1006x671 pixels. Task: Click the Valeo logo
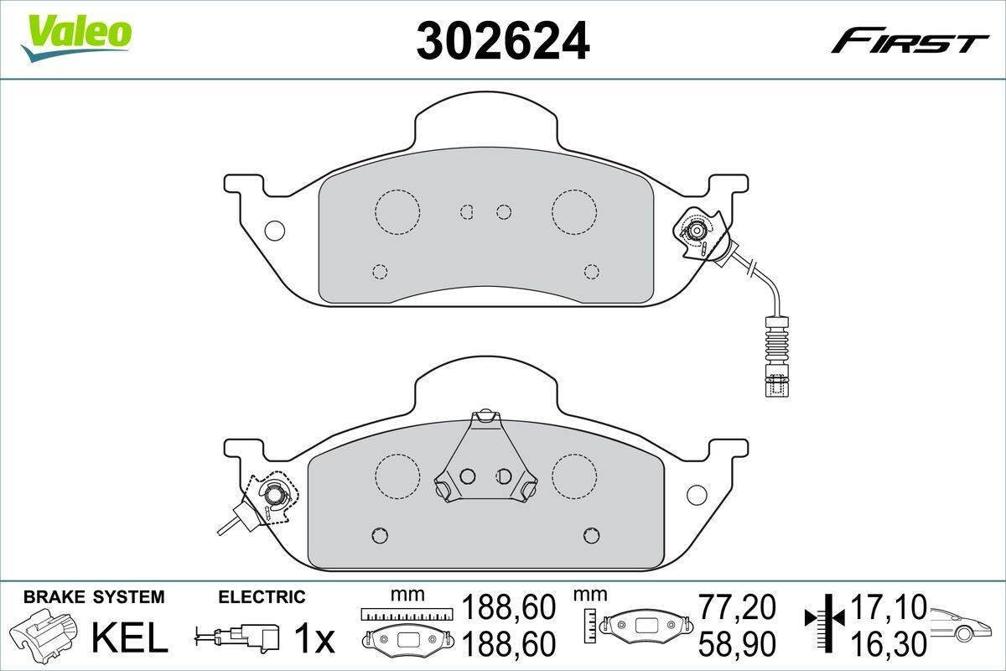76,38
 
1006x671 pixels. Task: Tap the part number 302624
503,41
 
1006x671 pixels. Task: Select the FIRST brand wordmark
910,46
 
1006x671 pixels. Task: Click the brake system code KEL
130,638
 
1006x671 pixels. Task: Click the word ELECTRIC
262,597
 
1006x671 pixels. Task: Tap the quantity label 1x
314,639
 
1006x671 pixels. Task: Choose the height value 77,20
737,607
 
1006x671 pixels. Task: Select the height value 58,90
737,643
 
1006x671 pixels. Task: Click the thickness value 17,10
888,607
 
